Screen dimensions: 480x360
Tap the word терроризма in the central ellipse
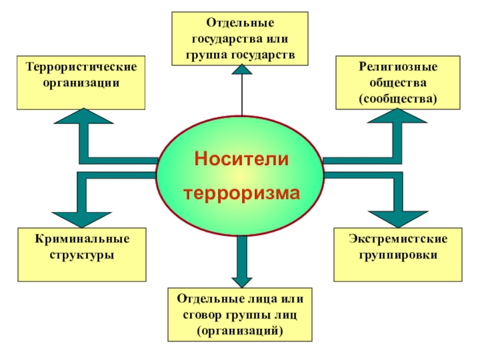[x=241, y=194]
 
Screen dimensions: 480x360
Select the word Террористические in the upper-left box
[x=81, y=65]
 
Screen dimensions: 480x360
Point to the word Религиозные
[x=398, y=65]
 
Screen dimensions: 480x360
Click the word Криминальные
[x=82, y=239]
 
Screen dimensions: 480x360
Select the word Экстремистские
[x=398, y=239]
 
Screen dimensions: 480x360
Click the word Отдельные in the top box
[x=241, y=22]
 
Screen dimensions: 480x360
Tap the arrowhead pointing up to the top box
[x=241, y=70]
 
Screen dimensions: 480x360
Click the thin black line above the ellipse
[x=241, y=96]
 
